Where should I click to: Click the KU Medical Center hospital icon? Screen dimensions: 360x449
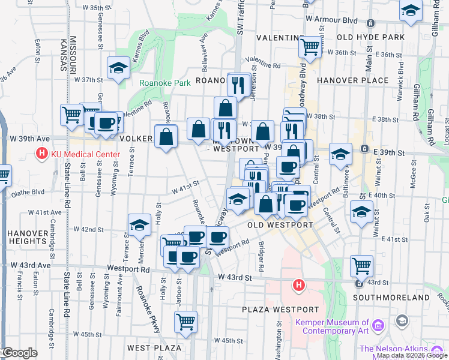coord(41,154)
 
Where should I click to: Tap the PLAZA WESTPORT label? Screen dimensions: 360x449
coord(280,310)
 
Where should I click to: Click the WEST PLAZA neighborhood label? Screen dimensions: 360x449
coord(154,348)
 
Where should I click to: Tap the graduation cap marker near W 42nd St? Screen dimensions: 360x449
coord(139,225)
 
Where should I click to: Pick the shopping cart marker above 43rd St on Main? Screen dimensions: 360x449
coord(361,265)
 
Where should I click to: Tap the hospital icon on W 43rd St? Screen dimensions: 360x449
coord(298,286)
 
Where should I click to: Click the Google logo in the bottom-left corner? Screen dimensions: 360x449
coord(19,353)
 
